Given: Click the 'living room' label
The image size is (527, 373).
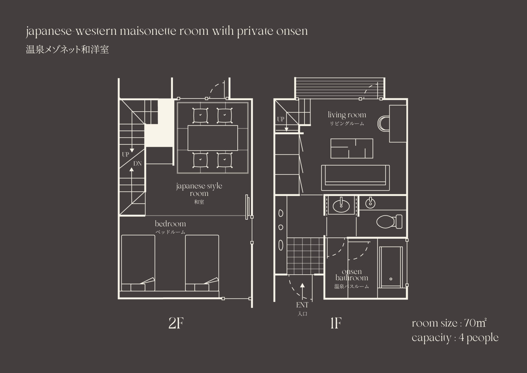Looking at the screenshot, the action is click(347, 115).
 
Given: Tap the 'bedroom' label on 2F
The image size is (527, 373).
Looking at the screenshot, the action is click(170, 224).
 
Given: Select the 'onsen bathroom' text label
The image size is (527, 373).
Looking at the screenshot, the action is click(352, 275).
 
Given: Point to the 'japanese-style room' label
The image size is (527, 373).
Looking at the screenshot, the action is click(199, 190).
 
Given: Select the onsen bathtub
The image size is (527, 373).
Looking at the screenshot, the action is click(391, 267).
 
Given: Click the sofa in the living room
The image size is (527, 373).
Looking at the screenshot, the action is click(355, 178).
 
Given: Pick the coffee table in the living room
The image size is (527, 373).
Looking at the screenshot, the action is click(352, 149).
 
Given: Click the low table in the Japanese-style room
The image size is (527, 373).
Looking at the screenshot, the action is click(213, 138).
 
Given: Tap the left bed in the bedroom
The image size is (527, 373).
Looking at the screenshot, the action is click(138, 263).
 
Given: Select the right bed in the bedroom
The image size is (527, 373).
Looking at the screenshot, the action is click(202, 263).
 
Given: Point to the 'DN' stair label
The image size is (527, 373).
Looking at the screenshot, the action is click(138, 164).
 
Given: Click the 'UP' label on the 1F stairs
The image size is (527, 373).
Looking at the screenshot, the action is click(281, 119).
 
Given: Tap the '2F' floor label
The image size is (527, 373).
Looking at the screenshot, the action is click(176, 323).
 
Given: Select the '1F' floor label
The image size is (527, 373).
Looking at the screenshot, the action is click(336, 323).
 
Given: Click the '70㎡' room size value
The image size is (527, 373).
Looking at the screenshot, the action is click(475, 323).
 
